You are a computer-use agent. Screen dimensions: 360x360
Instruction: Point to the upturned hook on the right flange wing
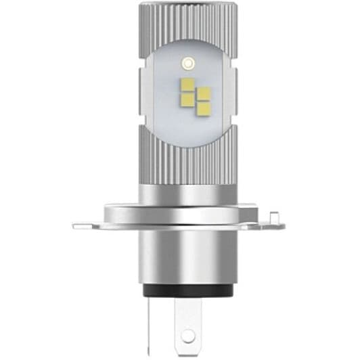point(275,217)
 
